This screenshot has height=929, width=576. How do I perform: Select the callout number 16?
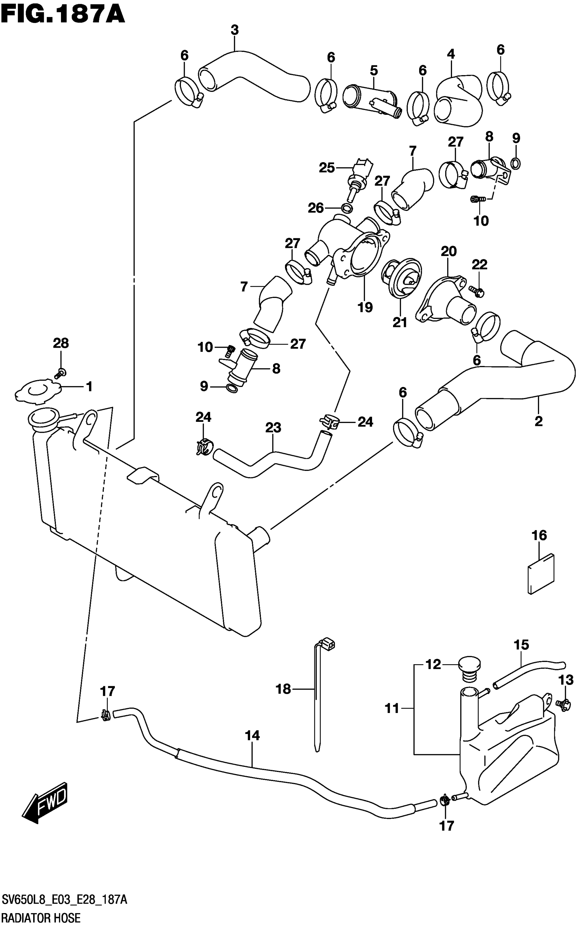click(539, 536)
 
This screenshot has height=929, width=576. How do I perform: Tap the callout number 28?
click(61, 343)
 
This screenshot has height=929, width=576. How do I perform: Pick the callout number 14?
click(252, 736)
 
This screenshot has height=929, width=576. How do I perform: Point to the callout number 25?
click(327, 168)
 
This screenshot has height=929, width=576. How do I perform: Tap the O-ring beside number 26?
click(346, 208)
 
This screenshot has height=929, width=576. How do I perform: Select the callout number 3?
click(235, 30)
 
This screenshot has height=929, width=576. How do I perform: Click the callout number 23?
click(273, 428)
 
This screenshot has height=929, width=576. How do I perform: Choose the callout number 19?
click(365, 307)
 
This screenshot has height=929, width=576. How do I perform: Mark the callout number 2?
click(538, 421)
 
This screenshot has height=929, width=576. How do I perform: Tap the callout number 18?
click(283, 689)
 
